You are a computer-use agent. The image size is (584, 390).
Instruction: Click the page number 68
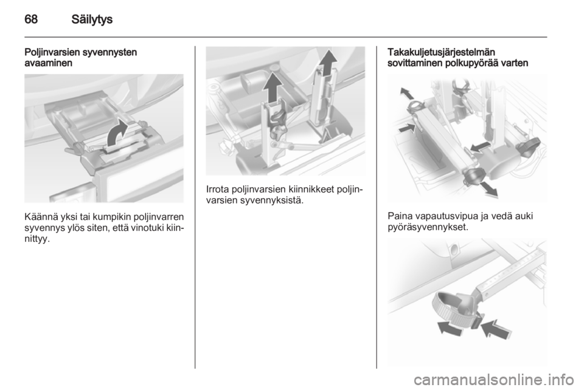click(x=31, y=19)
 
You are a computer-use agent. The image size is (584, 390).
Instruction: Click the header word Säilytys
click(x=92, y=19)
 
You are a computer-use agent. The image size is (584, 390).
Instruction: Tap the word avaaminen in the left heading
click(x=49, y=63)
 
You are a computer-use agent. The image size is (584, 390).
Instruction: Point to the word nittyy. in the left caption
click(x=37, y=239)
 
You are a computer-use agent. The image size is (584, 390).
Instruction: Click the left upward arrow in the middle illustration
click(x=273, y=87)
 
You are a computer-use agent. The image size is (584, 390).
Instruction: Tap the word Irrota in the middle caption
click(x=217, y=190)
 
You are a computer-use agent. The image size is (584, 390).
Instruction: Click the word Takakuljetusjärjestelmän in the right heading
click(x=442, y=52)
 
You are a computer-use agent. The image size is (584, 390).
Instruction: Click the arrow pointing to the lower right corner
click(x=488, y=189)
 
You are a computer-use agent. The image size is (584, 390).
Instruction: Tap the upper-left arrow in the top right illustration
click(x=407, y=94)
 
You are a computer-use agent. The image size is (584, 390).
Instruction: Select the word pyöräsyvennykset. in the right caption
click(x=428, y=227)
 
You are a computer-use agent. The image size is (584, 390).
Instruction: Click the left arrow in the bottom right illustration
click(x=450, y=329)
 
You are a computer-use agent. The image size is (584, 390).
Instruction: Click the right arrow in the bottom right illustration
click(x=494, y=329)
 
